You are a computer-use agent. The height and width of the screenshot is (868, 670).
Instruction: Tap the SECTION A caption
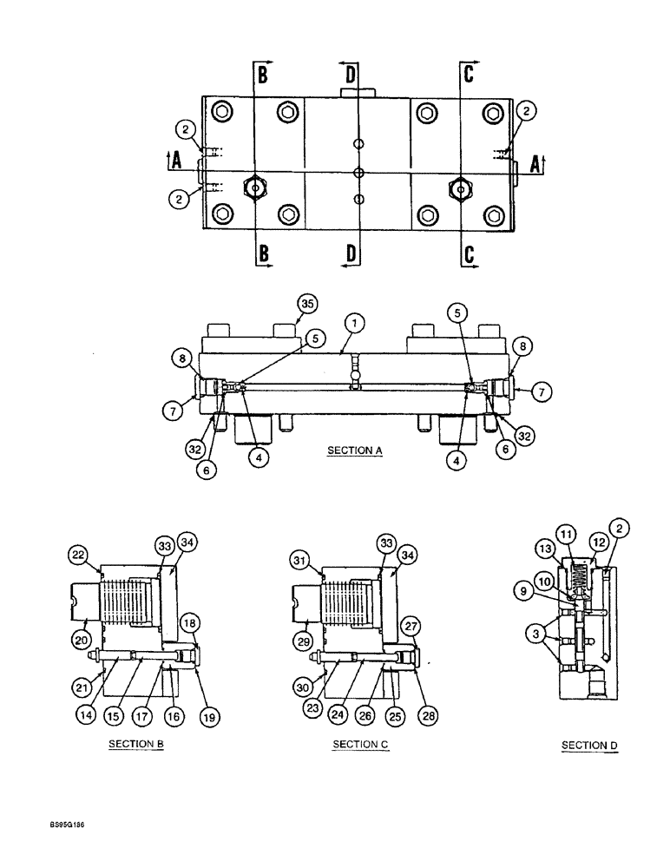click(x=355, y=450)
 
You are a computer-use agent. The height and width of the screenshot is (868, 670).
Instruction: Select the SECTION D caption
click(x=589, y=745)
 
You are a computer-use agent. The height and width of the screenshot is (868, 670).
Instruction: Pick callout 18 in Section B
click(x=190, y=622)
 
